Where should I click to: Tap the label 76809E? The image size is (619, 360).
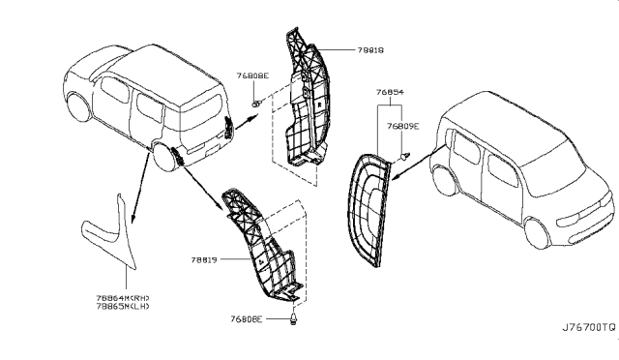[402, 125]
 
